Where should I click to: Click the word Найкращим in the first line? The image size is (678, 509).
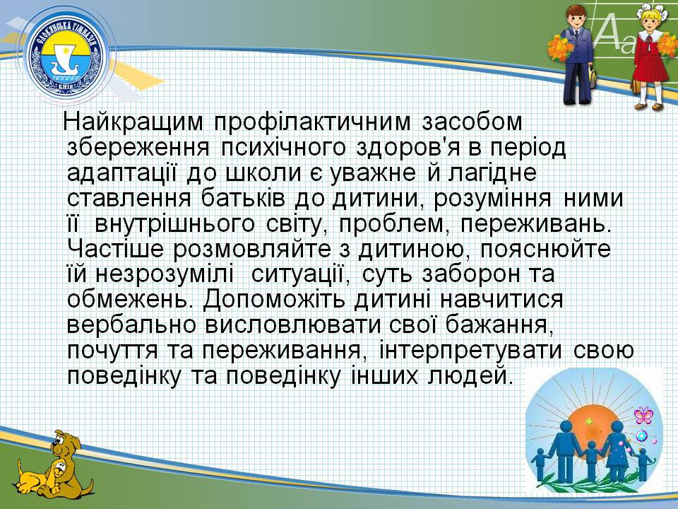pos(133,122)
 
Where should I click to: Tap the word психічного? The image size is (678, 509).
pos(283,148)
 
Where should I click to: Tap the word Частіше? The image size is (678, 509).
pos(116,249)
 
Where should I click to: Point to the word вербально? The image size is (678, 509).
pos(132,324)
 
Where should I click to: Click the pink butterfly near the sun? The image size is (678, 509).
pos(643,415)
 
